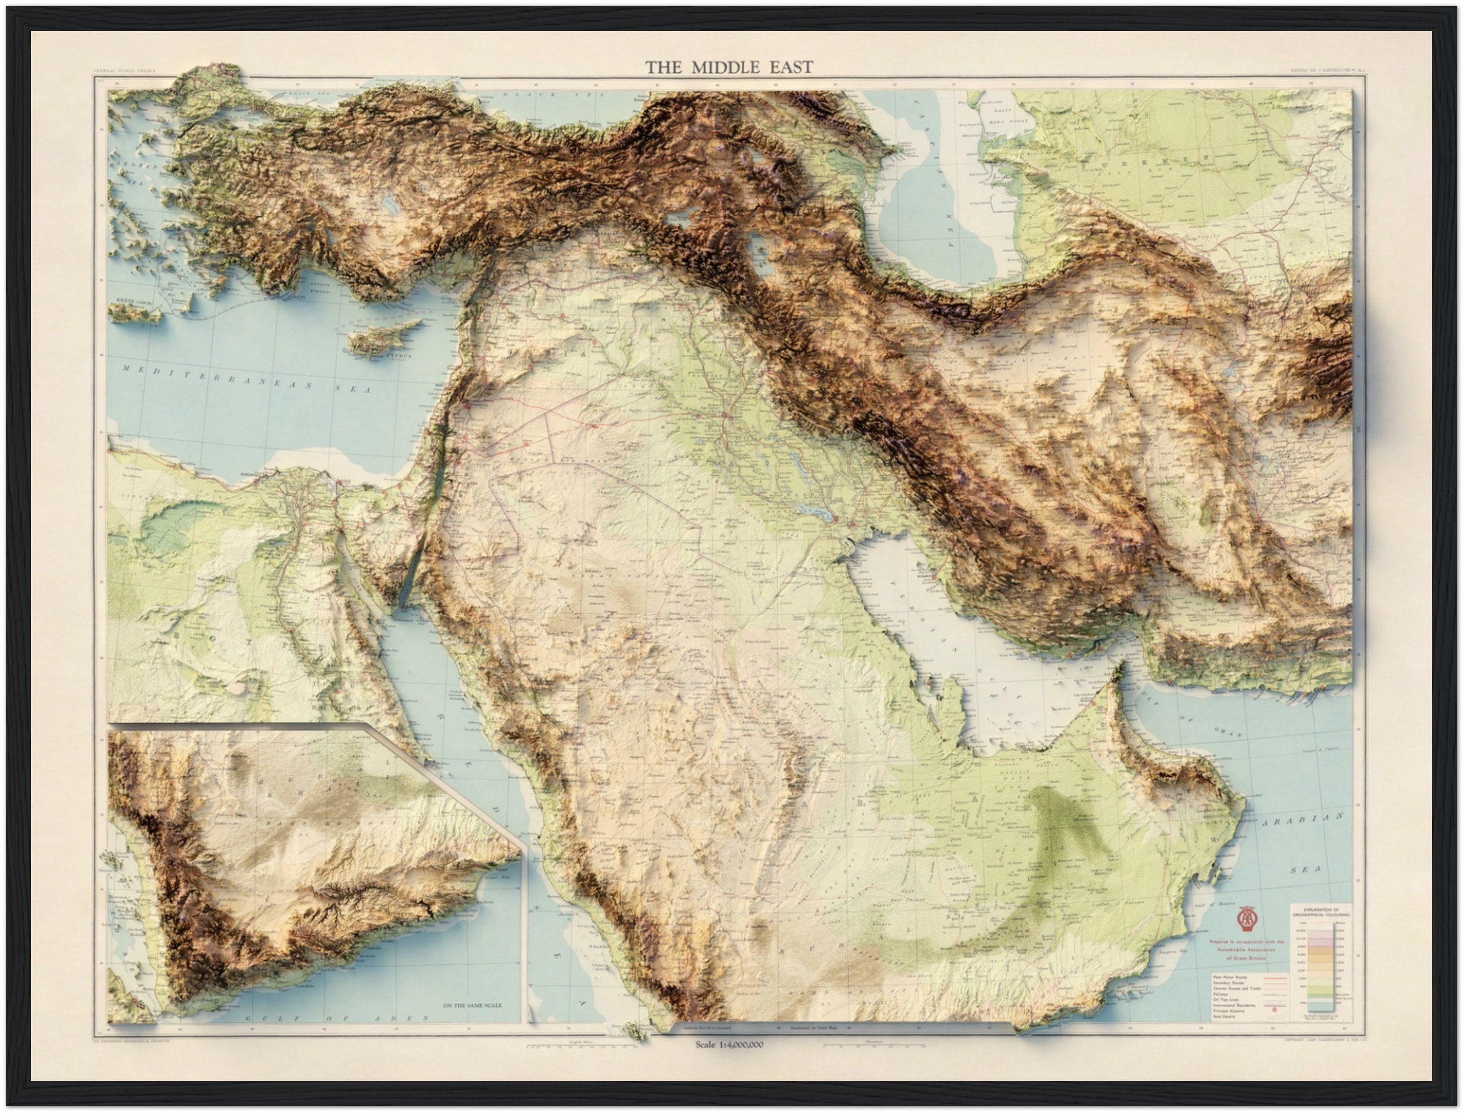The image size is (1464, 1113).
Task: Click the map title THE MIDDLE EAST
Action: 729,67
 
